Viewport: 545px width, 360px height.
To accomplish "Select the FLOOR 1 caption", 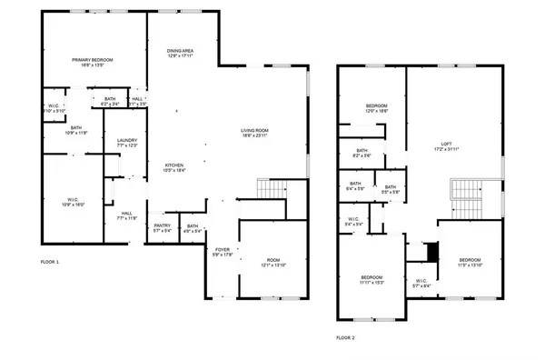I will [x=50, y=262].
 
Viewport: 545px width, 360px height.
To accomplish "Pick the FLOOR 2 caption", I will [x=345, y=336].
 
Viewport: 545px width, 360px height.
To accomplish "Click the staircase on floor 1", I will [x=269, y=189].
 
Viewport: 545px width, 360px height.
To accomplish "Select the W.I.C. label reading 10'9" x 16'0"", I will [x=74, y=202].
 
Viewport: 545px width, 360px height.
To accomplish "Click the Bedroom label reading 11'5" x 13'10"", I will [x=470, y=262].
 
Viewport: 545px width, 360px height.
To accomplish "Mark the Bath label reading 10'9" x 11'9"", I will [x=76, y=130].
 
